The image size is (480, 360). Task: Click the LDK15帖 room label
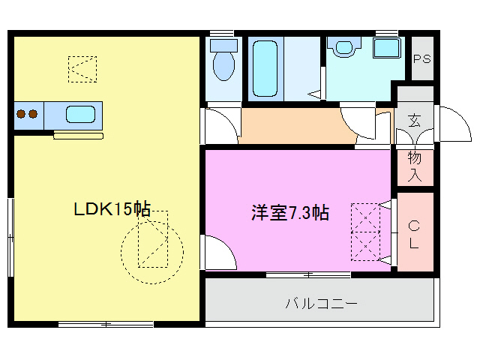pos(112,210)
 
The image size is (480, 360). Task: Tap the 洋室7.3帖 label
pos(289,213)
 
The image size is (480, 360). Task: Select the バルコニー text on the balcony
pos(320,304)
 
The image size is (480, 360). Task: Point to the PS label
pos(422,59)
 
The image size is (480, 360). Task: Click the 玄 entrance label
pos(414,120)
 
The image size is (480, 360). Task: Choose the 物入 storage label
pos(415,167)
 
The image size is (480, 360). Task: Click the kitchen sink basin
pos(80,115)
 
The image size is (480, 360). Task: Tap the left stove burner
pos(21,115)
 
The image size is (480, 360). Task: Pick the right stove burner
pos(33,115)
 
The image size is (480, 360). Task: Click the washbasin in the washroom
pos(344,48)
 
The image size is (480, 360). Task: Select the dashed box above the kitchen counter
pos(82,69)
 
